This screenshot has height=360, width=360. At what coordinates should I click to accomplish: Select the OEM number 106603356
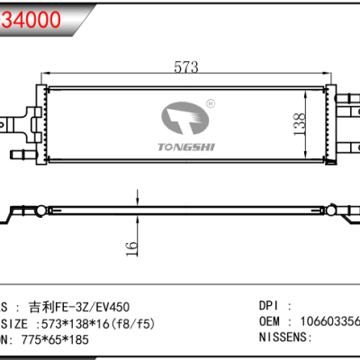click(x=328, y=321)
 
